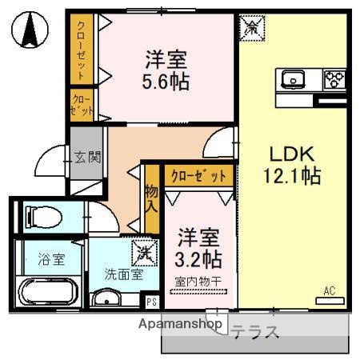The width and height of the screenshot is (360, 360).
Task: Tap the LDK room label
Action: click(x=292, y=154)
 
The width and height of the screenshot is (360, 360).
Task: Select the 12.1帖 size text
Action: click(x=292, y=176)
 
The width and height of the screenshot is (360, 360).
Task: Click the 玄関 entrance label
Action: click(x=88, y=157)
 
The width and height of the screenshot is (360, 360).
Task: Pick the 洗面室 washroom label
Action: click(x=123, y=274)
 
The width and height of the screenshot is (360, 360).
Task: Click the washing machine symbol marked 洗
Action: click(x=145, y=252)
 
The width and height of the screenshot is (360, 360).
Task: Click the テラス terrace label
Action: click(x=255, y=332)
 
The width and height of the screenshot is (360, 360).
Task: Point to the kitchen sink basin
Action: click(x=293, y=79)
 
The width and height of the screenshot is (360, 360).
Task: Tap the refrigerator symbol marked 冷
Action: click(x=250, y=27)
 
